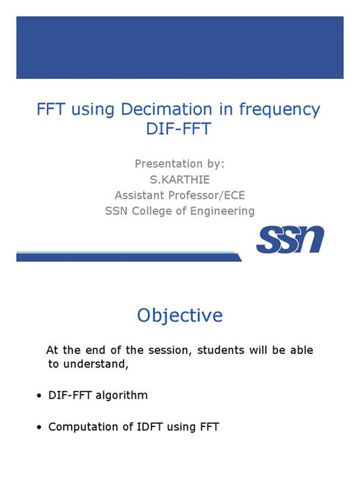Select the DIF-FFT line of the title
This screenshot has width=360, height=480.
tap(179, 130)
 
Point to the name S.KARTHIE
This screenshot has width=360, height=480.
tap(179, 179)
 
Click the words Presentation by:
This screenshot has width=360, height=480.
tap(179, 163)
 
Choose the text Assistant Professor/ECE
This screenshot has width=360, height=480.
tap(179, 195)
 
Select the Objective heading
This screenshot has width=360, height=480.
tap(179, 315)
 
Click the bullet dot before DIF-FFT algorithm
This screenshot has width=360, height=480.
tap(39, 396)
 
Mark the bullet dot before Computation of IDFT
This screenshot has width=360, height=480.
tap(39, 428)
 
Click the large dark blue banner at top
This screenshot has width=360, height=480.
tap(179, 46)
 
